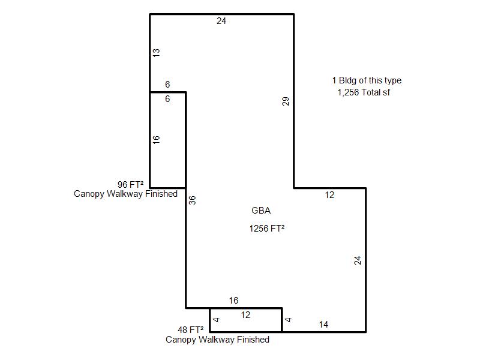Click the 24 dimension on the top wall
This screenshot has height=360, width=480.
point(221,21)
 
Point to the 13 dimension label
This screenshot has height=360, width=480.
point(156,53)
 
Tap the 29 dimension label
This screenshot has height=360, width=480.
point(286,101)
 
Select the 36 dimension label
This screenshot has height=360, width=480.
point(192,200)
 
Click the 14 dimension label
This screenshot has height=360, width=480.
point(323,325)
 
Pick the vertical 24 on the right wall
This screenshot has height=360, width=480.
point(358,260)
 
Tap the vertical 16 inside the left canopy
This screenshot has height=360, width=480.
point(156,140)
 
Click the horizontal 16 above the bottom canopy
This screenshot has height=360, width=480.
point(233,301)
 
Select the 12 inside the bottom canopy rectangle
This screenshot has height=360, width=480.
point(245,315)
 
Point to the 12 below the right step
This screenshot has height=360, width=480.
point(329,195)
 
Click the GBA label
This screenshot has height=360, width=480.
point(261,211)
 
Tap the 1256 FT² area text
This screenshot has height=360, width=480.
point(267,229)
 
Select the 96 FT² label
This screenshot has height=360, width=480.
point(131,185)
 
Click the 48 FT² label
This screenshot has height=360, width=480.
point(191,329)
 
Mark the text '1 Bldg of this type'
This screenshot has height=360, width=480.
point(367,80)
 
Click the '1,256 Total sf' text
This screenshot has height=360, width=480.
point(364,92)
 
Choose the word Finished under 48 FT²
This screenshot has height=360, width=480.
point(253,340)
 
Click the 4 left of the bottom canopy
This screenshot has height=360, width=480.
point(216,320)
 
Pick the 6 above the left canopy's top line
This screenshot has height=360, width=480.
point(167,85)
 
